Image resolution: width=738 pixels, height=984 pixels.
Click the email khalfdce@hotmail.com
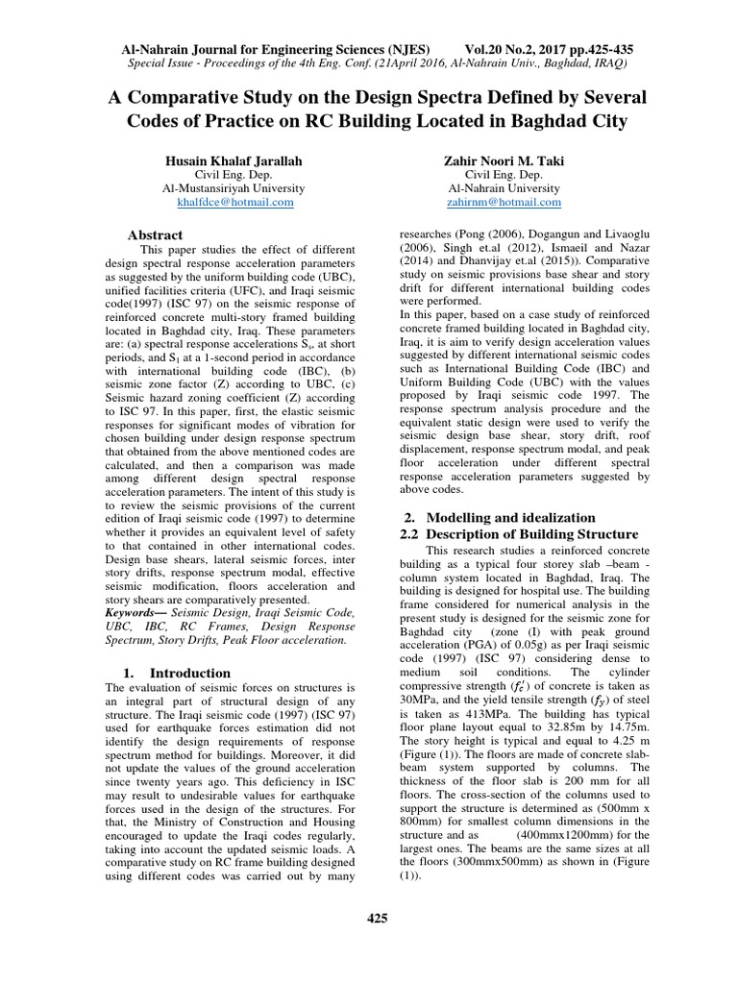[x=235, y=203]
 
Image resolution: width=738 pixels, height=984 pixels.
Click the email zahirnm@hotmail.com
[x=504, y=203]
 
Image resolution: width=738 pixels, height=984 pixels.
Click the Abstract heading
[x=155, y=234]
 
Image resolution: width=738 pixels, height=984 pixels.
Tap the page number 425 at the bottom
[x=377, y=919]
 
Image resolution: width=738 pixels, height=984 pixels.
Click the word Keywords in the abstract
[x=132, y=611]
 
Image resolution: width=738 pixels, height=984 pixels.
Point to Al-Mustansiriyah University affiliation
[x=235, y=188]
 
